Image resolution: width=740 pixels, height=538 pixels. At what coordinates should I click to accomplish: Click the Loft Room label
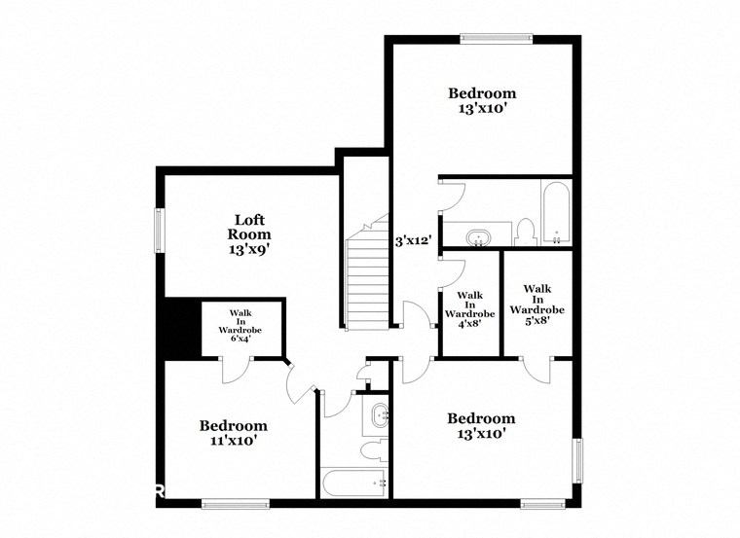pyautogui.click(x=249, y=233)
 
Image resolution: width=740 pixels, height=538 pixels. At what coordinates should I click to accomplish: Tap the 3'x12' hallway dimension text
pyautogui.click(x=413, y=240)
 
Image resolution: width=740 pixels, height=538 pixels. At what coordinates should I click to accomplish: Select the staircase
pyautogui.click(x=367, y=277)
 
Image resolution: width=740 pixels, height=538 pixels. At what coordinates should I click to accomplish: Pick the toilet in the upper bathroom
pyautogui.click(x=524, y=232)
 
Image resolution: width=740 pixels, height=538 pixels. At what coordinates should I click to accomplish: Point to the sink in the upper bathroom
pyautogui.click(x=478, y=235)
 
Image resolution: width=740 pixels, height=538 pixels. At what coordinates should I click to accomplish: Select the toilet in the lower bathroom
pyautogui.click(x=371, y=452)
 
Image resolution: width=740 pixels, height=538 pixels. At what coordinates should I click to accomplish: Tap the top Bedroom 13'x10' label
pyautogui.click(x=481, y=101)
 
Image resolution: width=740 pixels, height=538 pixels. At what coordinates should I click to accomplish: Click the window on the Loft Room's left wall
pyautogui.click(x=161, y=234)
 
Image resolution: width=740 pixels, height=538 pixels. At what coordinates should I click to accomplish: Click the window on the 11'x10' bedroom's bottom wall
pyautogui.click(x=235, y=503)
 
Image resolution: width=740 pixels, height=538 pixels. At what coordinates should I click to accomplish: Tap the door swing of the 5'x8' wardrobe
pyautogui.click(x=536, y=371)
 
